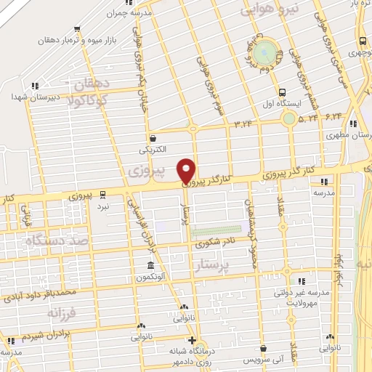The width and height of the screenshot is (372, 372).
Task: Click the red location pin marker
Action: (187, 169)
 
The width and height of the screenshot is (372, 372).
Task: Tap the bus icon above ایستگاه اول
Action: (283, 92)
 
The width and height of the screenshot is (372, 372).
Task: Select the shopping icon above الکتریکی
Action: (153, 138)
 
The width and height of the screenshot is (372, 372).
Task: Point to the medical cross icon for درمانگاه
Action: (192, 340)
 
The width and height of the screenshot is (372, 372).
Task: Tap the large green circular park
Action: (267, 51)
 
